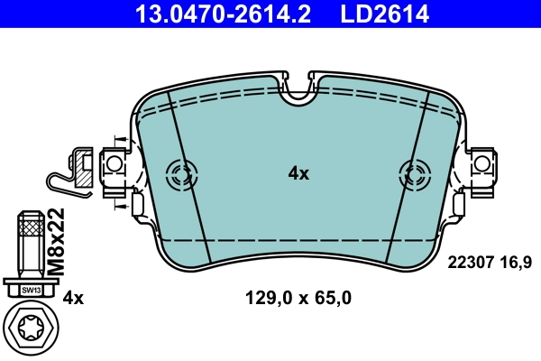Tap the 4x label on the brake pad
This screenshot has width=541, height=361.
[x=298, y=173]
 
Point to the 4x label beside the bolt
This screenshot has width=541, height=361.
[x=73, y=297]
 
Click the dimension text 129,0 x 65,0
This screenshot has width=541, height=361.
[x=298, y=297]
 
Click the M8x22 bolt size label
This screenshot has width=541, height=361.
[x=56, y=241]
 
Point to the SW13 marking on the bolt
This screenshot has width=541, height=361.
[x=31, y=290]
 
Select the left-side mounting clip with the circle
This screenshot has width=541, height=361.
[x=114, y=167]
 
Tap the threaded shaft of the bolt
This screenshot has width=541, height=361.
[x=31, y=244]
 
